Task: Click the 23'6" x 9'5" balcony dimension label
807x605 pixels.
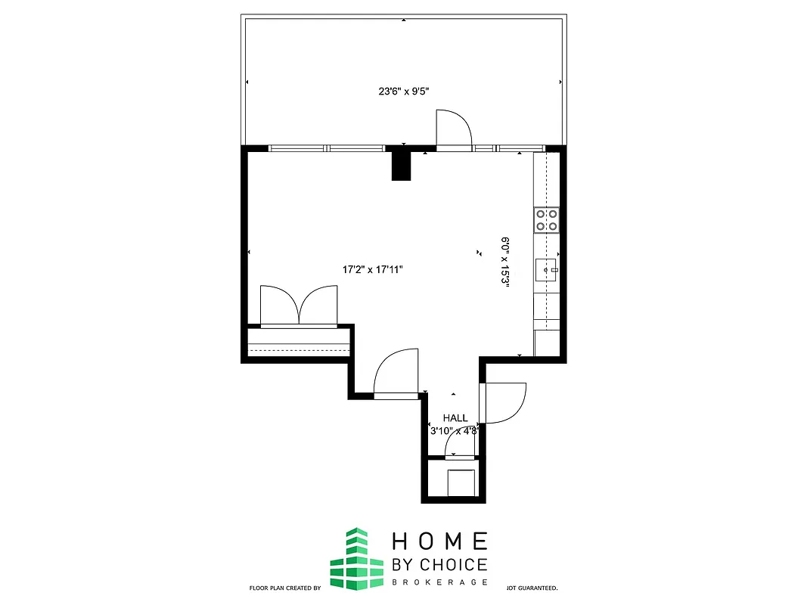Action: tap(409, 92)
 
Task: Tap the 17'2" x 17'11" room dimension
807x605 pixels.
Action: tap(374, 269)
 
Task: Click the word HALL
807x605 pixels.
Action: tap(455, 418)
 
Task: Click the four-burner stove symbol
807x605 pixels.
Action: tap(547, 219)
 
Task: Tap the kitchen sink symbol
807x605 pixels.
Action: tap(547, 268)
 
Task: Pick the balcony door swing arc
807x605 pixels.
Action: tap(454, 129)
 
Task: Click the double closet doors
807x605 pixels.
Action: tap(299, 306)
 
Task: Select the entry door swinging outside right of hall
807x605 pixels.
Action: tap(504, 402)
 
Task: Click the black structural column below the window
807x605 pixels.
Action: tap(401, 166)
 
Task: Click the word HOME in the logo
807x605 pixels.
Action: tap(439, 541)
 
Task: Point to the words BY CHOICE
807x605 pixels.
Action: tap(439, 564)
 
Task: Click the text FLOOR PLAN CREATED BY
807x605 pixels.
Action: tap(286, 588)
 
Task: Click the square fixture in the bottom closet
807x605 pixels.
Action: tap(461, 482)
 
